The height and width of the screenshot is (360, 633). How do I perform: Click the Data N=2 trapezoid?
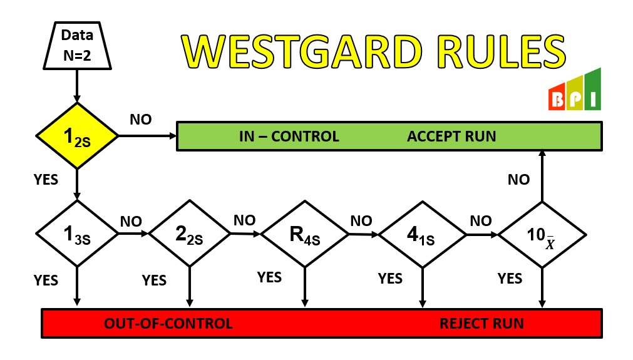point(77,44)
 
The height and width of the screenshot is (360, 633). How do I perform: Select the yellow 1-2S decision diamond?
point(77,136)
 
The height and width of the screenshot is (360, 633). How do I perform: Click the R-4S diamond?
point(304,234)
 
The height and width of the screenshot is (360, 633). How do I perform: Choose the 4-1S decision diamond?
point(422,235)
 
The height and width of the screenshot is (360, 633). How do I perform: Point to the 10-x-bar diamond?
point(542,235)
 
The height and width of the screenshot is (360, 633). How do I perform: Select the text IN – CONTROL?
point(289,136)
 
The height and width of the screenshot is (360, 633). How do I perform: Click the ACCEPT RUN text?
point(451,136)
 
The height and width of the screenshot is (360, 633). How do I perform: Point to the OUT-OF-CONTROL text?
point(168,324)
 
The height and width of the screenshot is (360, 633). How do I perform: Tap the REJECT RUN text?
point(481,324)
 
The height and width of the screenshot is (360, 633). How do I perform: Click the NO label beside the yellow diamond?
point(140,120)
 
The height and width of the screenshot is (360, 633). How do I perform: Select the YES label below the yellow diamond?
point(46,180)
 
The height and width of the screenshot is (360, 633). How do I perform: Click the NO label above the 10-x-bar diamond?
point(518,180)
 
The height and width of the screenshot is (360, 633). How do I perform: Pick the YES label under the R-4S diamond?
point(269,277)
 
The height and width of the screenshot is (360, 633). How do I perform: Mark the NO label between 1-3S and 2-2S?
point(131,222)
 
